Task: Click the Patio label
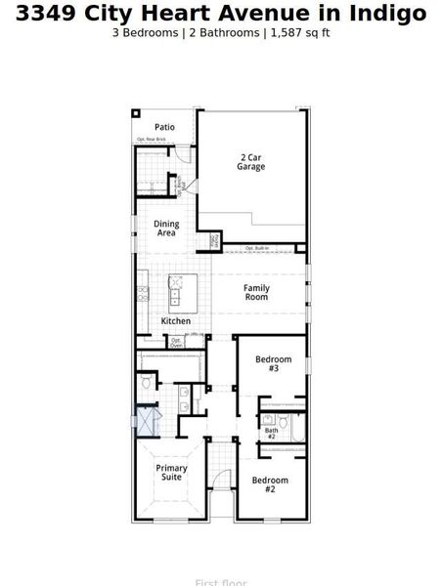(164, 127)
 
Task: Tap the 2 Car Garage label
(250, 162)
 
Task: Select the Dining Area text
(166, 229)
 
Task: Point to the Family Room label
(256, 292)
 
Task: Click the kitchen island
(177, 290)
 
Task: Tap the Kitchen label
(176, 321)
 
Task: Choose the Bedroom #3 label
(273, 363)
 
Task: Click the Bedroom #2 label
(270, 484)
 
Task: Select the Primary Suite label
(172, 473)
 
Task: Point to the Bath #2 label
(271, 433)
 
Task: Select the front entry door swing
(223, 480)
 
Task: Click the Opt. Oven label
(176, 343)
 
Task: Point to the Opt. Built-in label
(258, 248)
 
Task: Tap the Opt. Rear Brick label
(151, 140)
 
